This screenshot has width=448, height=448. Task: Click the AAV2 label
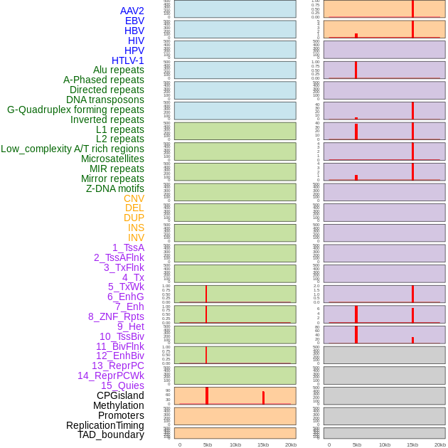(x=132, y=11)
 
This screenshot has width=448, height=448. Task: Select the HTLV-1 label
(x=128, y=60)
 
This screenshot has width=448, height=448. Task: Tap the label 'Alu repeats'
(x=119, y=70)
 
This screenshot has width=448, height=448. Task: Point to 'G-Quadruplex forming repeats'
(x=75, y=110)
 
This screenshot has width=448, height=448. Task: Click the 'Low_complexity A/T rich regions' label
(x=73, y=149)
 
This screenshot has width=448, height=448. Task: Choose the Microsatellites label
(x=112, y=159)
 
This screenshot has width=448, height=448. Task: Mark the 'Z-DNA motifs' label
(x=115, y=188)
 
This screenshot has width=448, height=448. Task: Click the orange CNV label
(x=134, y=198)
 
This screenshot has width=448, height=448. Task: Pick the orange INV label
(x=136, y=238)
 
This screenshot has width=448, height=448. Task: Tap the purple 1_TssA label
(x=128, y=247)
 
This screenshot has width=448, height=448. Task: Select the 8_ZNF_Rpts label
(x=116, y=316)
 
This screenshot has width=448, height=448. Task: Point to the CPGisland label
(x=120, y=395)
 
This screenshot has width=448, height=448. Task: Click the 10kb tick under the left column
(x=235, y=444)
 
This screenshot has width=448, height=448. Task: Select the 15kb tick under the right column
(x=412, y=444)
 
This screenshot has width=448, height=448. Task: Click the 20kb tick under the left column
(x=291, y=444)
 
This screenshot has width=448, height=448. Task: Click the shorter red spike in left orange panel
(x=263, y=398)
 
